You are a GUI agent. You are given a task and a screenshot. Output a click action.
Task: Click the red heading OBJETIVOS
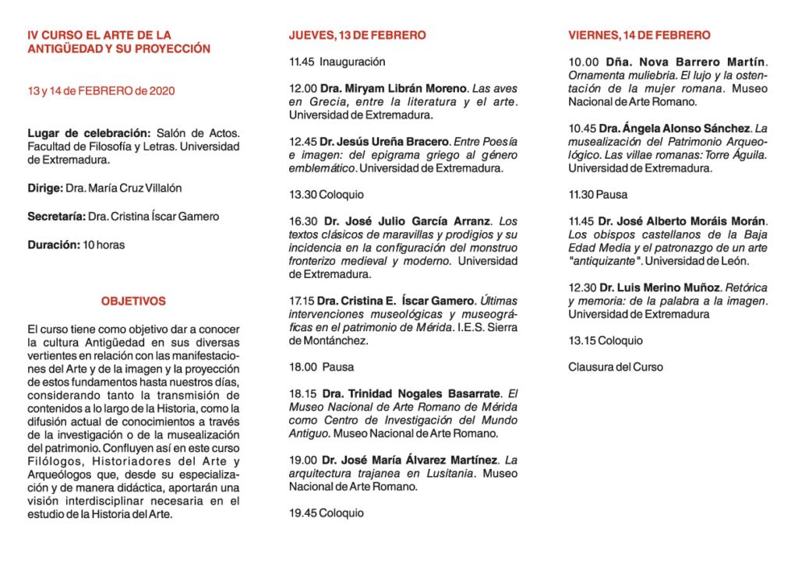pos(133,301)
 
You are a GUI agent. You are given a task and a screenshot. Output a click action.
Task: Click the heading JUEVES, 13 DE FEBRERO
pos(357,35)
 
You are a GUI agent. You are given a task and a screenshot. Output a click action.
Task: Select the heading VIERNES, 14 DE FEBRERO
pos(639,35)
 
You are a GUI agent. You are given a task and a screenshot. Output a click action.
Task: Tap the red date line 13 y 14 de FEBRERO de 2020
pos(101,91)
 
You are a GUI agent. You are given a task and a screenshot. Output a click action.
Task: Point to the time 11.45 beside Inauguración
pos(301,62)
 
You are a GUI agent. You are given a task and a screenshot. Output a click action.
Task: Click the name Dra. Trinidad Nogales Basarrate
pos(414,393)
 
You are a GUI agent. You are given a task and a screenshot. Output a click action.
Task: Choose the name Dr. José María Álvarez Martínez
pos(410,460)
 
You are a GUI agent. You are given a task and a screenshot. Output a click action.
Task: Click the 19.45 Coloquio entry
pos(326,513)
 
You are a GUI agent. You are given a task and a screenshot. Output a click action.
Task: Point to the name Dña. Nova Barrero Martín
pos(675,62)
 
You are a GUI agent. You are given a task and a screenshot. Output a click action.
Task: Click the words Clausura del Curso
pos(616,367)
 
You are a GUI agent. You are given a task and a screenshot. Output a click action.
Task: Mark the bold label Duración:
pos(54,245)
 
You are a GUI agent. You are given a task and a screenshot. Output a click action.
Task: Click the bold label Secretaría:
pos(56,217)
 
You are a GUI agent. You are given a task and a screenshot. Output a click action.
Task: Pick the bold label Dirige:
pos(45,188)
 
